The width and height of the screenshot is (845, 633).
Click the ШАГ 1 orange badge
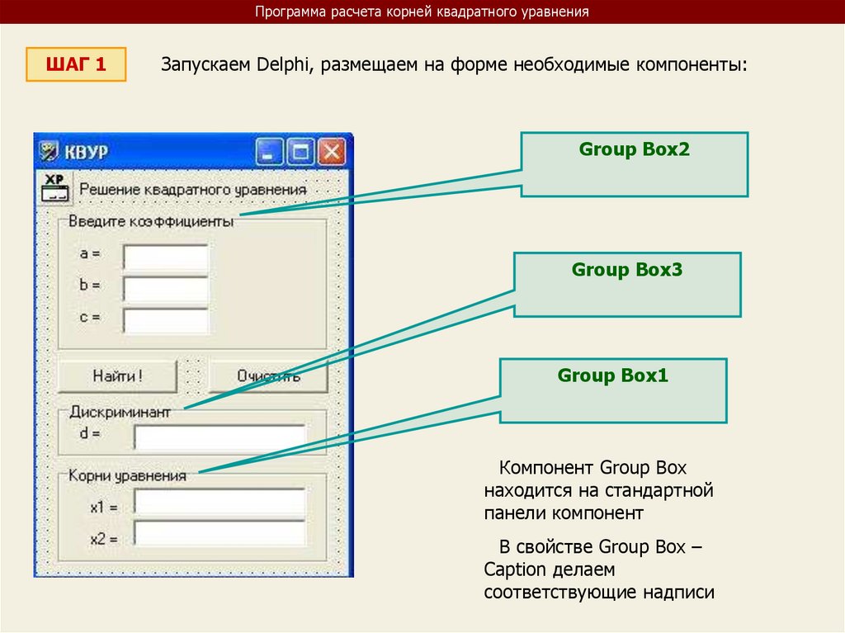pos(76,64)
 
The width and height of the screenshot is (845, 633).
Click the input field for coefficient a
pos(166,257)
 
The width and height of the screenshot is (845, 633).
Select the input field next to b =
pos(166,288)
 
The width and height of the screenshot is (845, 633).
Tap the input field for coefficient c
pos(166,319)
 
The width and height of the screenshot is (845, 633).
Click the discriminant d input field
pos(220,435)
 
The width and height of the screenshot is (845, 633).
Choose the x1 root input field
pos(220,502)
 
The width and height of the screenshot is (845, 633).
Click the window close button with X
pos(332,152)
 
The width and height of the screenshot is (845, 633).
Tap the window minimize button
pos(269,152)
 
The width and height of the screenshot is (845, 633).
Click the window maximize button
pos(300,152)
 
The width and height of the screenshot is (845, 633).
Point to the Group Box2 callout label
pos(634,150)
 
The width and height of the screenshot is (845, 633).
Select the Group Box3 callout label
pos(627,270)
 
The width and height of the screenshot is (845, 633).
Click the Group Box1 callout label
pos(612,376)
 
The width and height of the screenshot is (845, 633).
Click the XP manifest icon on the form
pos(54,188)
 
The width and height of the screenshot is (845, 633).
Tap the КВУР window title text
pos(87,153)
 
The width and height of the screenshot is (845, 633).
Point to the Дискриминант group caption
pos(120,411)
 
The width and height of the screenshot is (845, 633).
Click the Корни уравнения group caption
pos(127,475)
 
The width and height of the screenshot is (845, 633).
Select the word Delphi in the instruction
pos(281,65)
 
